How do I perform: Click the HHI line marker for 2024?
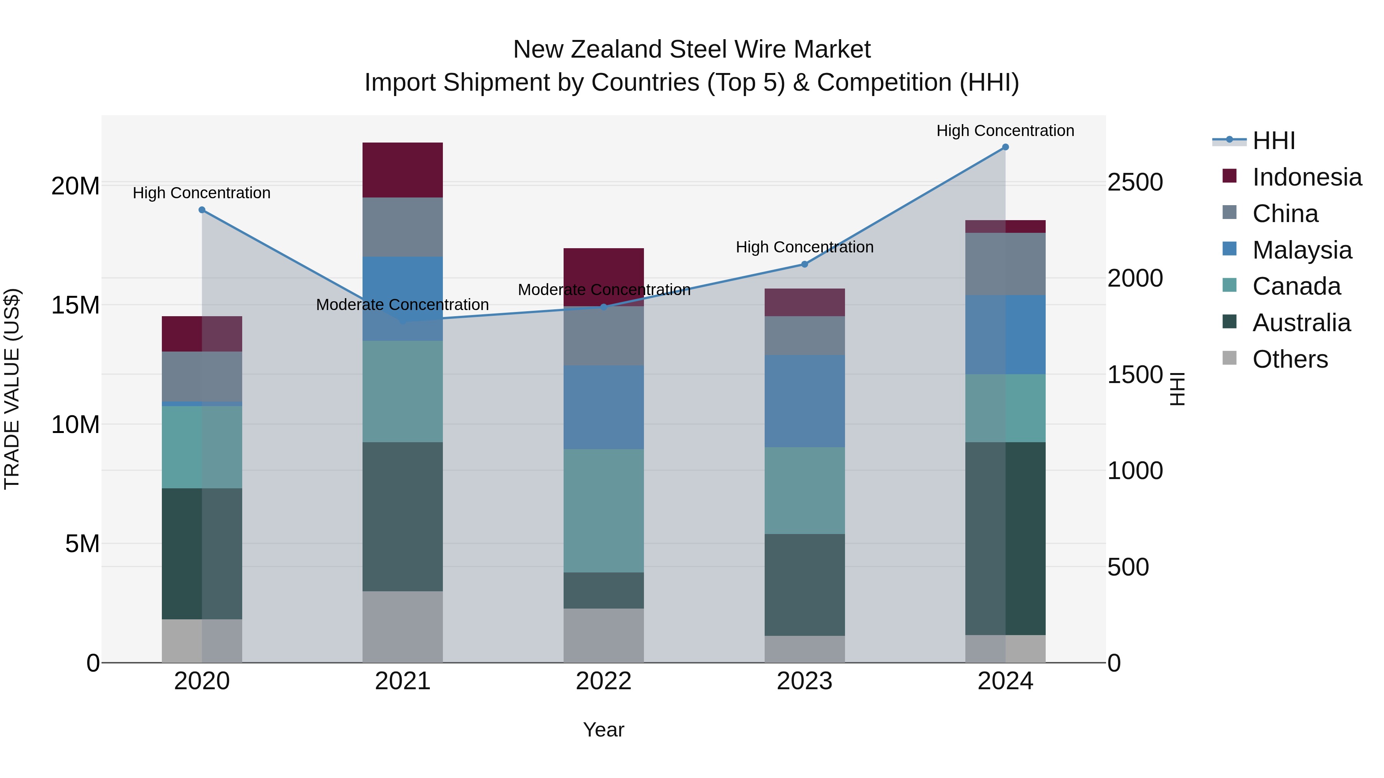[1005, 147]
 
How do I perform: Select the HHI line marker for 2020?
[202, 210]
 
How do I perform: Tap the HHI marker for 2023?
[804, 264]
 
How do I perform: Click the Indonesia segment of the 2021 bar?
[403, 170]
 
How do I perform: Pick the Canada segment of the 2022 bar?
[603, 510]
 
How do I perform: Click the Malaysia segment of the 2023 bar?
[804, 401]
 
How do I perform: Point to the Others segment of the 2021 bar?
[403, 627]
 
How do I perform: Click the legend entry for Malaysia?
[1301, 250]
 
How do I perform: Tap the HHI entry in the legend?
[1273, 141]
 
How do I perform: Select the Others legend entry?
[1289, 359]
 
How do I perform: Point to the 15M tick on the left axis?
[75, 305]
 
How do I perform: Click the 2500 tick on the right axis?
[1135, 182]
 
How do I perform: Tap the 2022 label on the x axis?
[603, 681]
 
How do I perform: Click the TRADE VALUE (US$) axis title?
[12, 389]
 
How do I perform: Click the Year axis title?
[603, 730]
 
